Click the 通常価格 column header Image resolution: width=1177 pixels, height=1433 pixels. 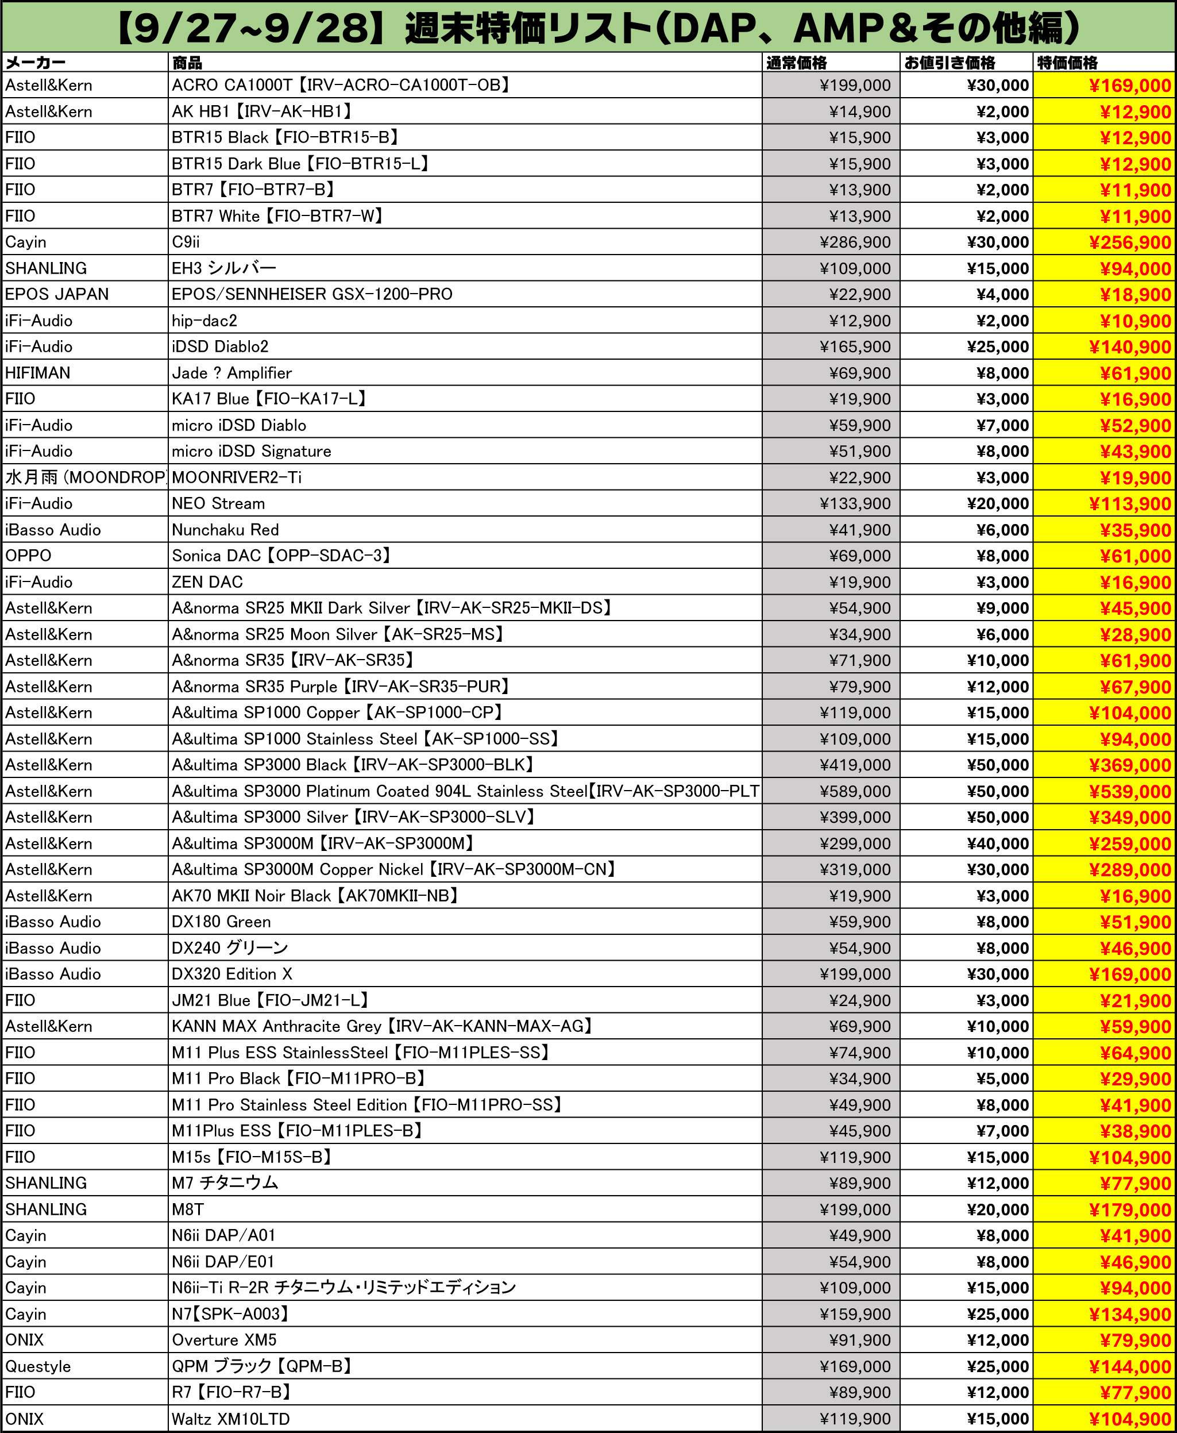click(x=797, y=63)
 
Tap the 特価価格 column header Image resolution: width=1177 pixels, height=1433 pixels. click(x=1067, y=63)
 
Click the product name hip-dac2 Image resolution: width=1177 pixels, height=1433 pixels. click(x=204, y=321)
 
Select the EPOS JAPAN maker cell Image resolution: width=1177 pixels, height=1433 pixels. click(x=57, y=294)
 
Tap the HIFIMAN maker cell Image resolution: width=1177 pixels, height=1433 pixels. click(x=38, y=373)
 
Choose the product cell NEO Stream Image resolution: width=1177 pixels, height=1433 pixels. click(x=218, y=504)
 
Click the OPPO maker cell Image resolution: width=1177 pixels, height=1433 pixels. click(x=29, y=556)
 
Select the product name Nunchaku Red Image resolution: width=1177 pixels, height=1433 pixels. click(x=225, y=530)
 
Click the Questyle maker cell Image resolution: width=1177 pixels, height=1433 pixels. click(x=38, y=1366)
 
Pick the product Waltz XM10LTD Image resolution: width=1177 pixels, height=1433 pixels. click(x=230, y=1419)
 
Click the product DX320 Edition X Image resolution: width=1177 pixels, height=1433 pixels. click(x=232, y=974)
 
